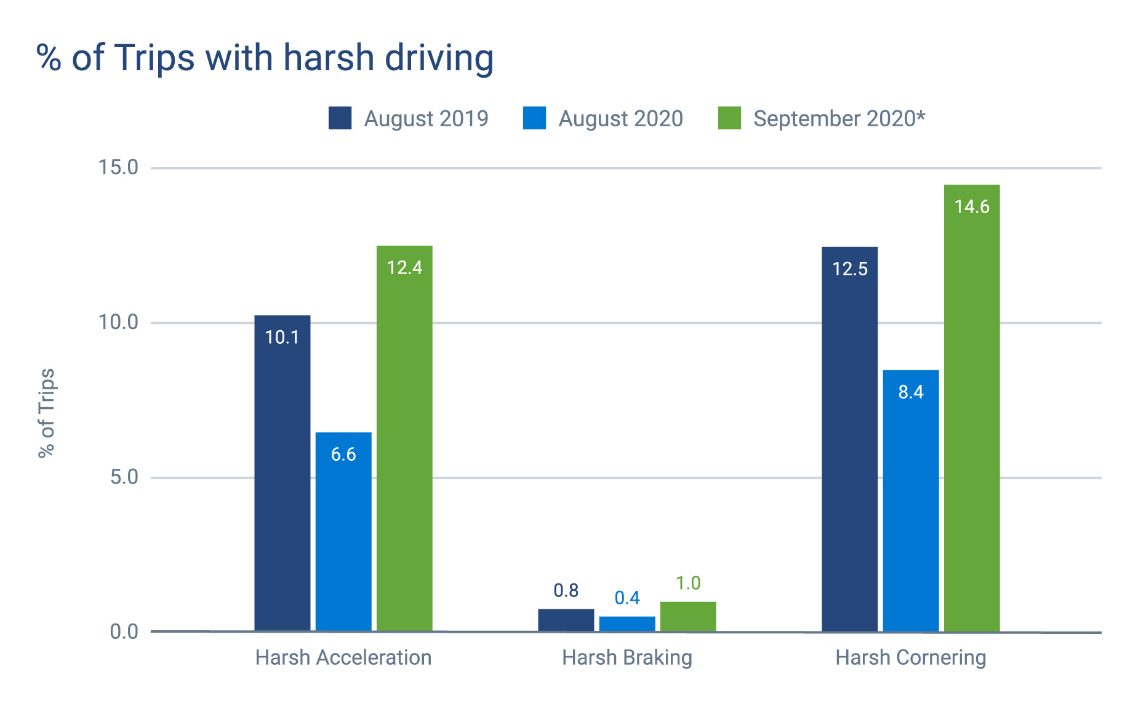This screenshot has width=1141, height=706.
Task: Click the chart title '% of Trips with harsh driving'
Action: click(265, 59)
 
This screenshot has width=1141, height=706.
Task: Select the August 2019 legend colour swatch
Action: click(340, 118)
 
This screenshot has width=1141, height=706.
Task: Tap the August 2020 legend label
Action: click(620, 118)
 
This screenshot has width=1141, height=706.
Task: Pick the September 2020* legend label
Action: click(839, 118)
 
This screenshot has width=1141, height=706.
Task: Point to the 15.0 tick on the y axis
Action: click(118, 168)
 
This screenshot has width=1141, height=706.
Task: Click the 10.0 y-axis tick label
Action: click(118, 322)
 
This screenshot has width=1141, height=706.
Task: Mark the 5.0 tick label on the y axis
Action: click(124, 477)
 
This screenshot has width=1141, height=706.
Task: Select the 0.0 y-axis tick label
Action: click(124, 632)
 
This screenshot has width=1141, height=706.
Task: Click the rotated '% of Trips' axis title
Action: click(47, 413)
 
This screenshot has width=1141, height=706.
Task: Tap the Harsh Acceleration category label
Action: click(343, 658)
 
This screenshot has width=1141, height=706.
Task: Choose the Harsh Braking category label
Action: click(627, 658)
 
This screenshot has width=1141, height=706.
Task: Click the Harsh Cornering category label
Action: click(910, 658)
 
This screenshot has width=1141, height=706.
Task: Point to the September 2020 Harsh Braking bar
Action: click(688, 617)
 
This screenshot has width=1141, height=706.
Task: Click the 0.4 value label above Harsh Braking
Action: click(627, 598)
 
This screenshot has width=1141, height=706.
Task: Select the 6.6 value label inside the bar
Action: click(343, 455)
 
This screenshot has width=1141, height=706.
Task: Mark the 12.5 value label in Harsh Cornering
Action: click(849, 269)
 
